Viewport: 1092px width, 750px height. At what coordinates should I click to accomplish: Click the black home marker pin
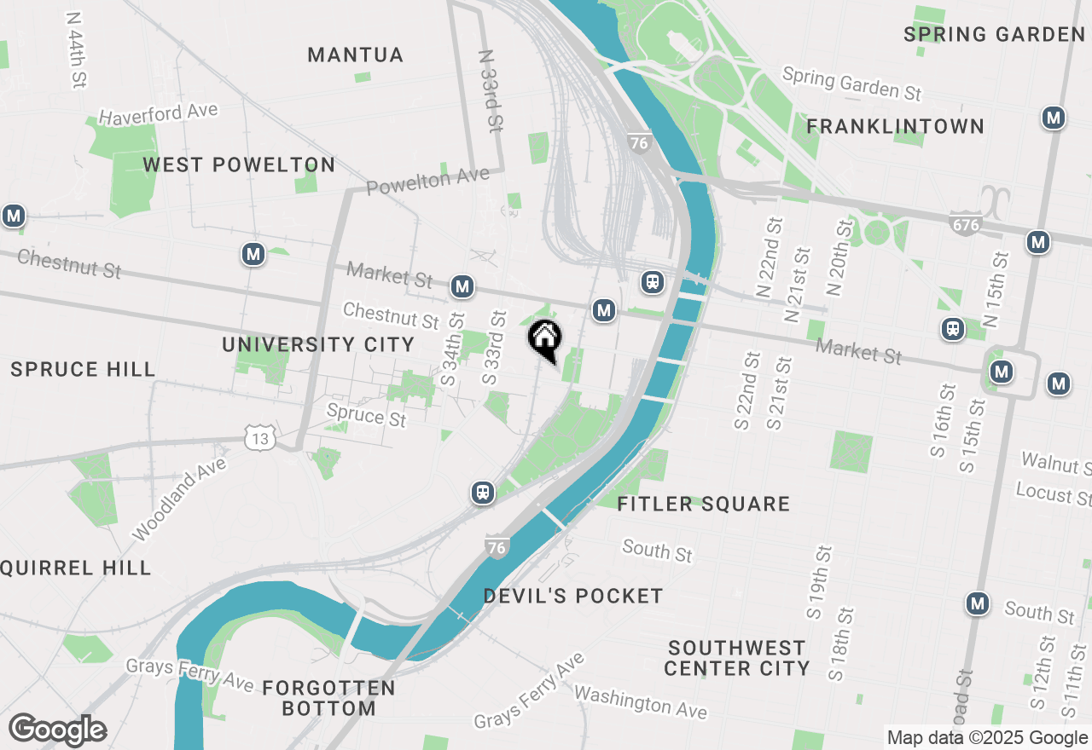(x=544, y=339)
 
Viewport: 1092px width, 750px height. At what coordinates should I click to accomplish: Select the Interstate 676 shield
(x=965, y=225)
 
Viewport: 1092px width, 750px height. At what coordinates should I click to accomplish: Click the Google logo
(x=58, y=730)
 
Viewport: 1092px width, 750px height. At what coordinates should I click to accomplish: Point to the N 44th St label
(x=76, y=50)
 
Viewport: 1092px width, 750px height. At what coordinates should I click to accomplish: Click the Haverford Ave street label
(x=158, y=113)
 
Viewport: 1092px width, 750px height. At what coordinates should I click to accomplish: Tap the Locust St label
(x=1053, y=492)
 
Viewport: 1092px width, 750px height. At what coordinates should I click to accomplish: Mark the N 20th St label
(x=839, y=257)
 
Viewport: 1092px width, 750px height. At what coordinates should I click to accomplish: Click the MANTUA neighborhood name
(x=355, y=55)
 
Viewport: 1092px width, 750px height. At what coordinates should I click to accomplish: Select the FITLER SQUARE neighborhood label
(x=704, y=505)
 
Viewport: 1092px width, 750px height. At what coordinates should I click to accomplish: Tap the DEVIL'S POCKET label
(x=573, y=597)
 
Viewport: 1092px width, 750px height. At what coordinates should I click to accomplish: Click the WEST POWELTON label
(x=239, y=165)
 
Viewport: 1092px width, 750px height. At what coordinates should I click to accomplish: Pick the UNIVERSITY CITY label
(x=318, y=345)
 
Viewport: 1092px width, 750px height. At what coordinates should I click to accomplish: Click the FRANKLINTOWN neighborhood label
(x=896, y=127)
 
